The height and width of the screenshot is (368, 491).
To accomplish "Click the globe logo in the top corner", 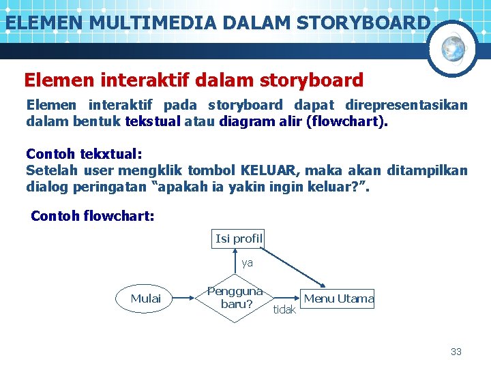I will (x=453, y=48).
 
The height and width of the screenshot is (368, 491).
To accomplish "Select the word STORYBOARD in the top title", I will (x=363, y=22).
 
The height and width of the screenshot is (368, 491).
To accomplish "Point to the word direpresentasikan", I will (x=406, y=106).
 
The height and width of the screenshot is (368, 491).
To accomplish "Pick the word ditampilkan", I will (x=427, y=170).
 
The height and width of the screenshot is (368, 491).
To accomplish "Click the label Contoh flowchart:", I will (x=93, y=217).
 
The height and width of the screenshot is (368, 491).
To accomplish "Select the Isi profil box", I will (x=239, y=239).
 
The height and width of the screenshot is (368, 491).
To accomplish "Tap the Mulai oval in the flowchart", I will (x=146, y=298).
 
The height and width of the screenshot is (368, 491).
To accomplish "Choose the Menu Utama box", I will (x=338, y=298).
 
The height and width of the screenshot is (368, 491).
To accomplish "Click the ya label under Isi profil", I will (x=247, y=262).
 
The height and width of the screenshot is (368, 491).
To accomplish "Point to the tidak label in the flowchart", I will (x=284, y=310).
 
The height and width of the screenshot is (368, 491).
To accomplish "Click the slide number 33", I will (x=456, y=352).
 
